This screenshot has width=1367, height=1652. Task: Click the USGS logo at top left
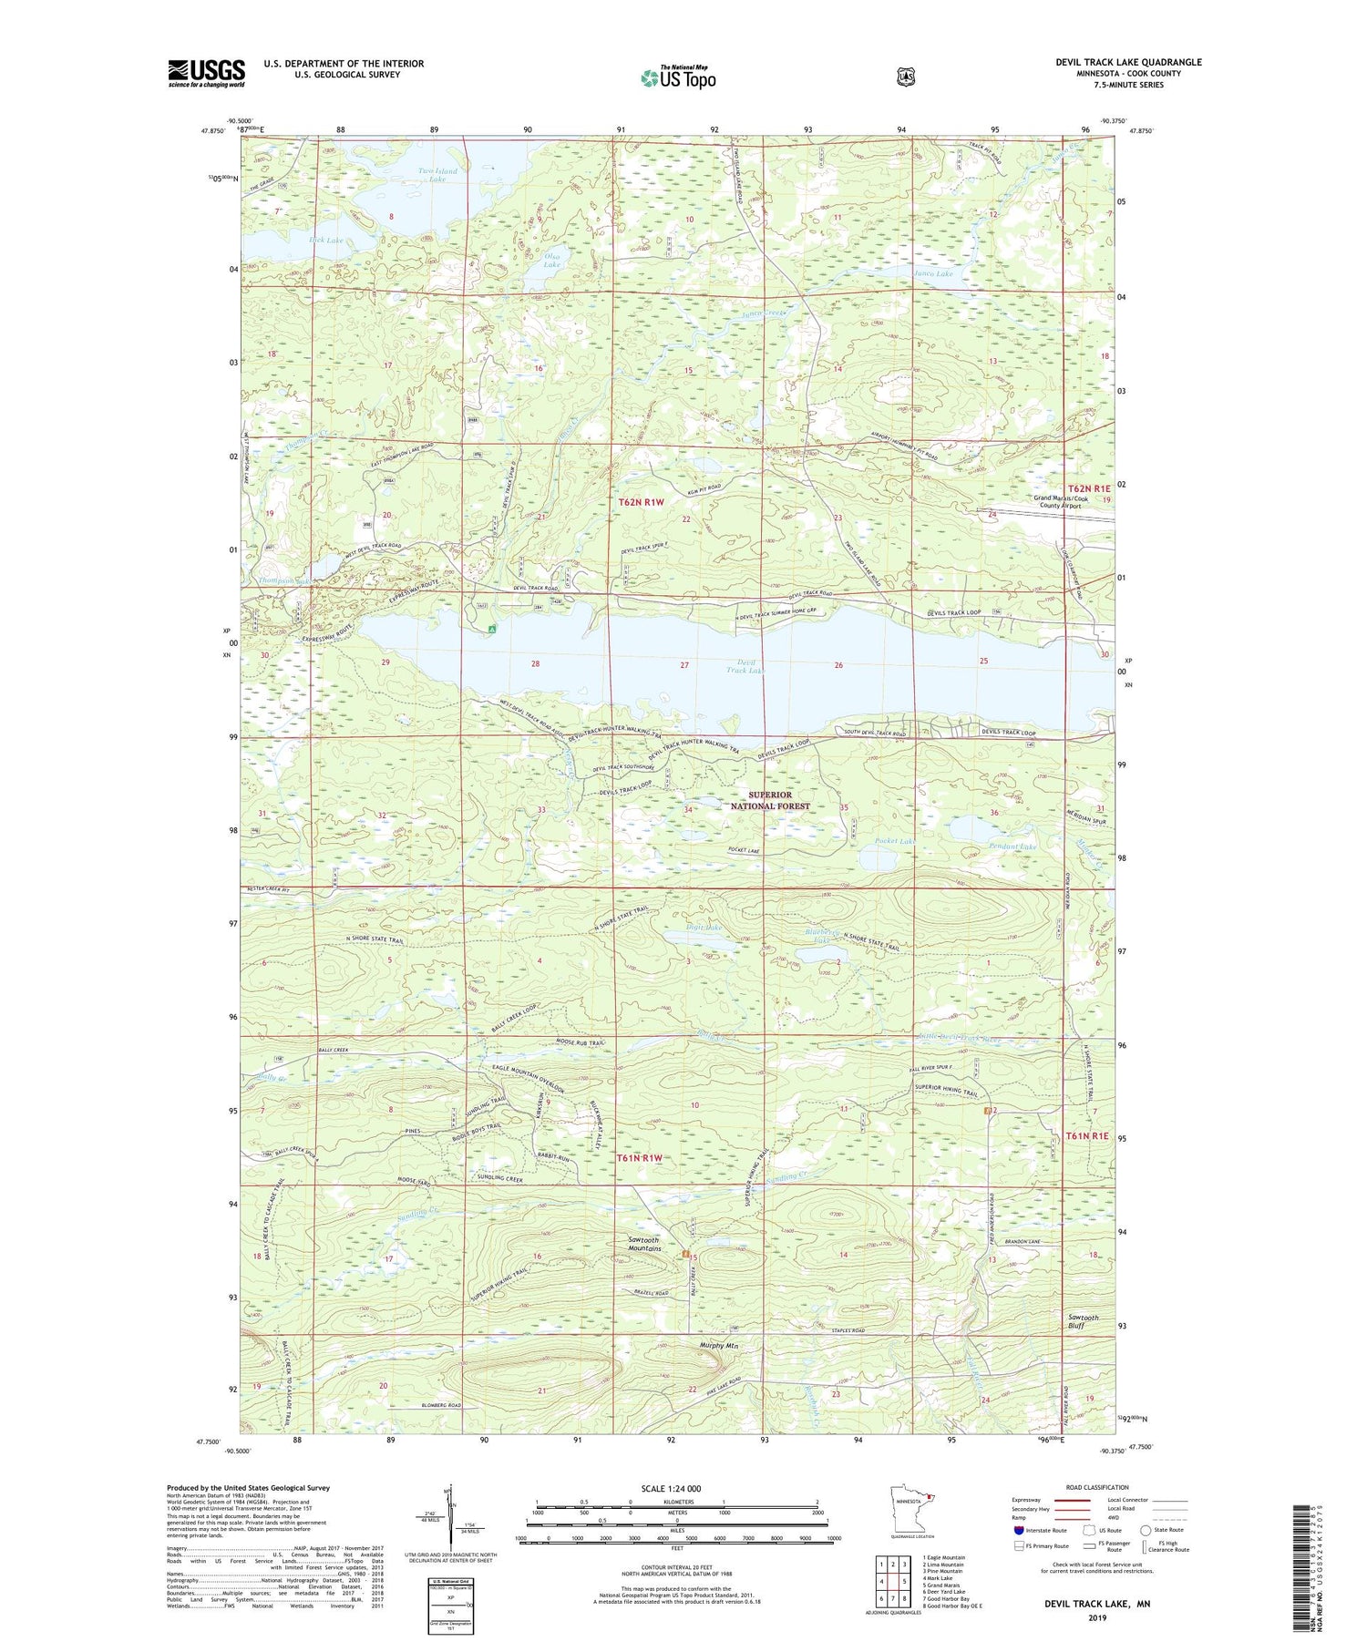[206, 73]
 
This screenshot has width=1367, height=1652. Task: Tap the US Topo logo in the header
[678, 77]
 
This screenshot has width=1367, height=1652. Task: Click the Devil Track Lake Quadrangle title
[1128, 62]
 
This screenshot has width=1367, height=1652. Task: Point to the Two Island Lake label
[437, 175]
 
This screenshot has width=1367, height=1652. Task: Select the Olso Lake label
[551, 262]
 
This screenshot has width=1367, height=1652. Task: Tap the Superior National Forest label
[772, 800]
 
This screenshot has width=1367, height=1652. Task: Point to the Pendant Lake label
[1012, 847]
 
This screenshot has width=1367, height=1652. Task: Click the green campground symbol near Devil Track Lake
[491, 629]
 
